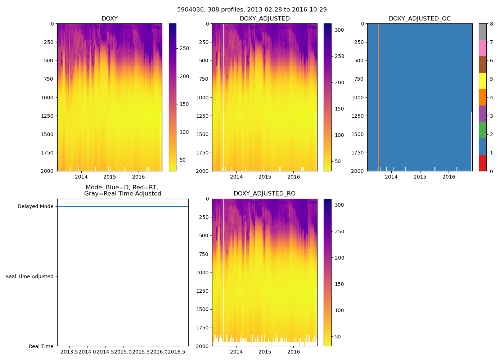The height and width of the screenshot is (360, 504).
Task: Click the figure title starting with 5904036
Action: (252, 10)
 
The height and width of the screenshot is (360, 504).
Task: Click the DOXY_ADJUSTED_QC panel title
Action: (419, 19)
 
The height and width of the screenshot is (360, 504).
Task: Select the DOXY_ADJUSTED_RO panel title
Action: (264, 194)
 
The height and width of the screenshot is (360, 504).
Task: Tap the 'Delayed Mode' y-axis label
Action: (35, 206)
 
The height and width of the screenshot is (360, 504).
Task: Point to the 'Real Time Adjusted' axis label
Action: (29, 276)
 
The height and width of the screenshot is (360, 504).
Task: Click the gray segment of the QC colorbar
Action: (482, 32)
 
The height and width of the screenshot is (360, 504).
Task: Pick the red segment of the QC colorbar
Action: (482, 163)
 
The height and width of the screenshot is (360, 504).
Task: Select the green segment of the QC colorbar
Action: (482, 130)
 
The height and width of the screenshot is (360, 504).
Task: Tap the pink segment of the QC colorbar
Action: (482, 48)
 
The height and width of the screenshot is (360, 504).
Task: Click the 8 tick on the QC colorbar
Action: (491, 24)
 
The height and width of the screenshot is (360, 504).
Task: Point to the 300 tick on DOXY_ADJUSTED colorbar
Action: (339, 30)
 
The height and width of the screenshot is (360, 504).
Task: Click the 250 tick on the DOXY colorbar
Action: (184, 48)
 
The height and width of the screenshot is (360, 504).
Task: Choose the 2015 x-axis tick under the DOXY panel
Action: (109, 177)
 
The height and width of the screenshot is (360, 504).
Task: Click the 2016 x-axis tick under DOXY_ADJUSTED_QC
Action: (449, 177)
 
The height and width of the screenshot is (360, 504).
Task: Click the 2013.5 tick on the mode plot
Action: (69, 352)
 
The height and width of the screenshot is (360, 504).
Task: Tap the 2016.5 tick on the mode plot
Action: (177, 352)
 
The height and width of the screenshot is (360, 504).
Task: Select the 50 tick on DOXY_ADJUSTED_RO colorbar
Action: (338, 337)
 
